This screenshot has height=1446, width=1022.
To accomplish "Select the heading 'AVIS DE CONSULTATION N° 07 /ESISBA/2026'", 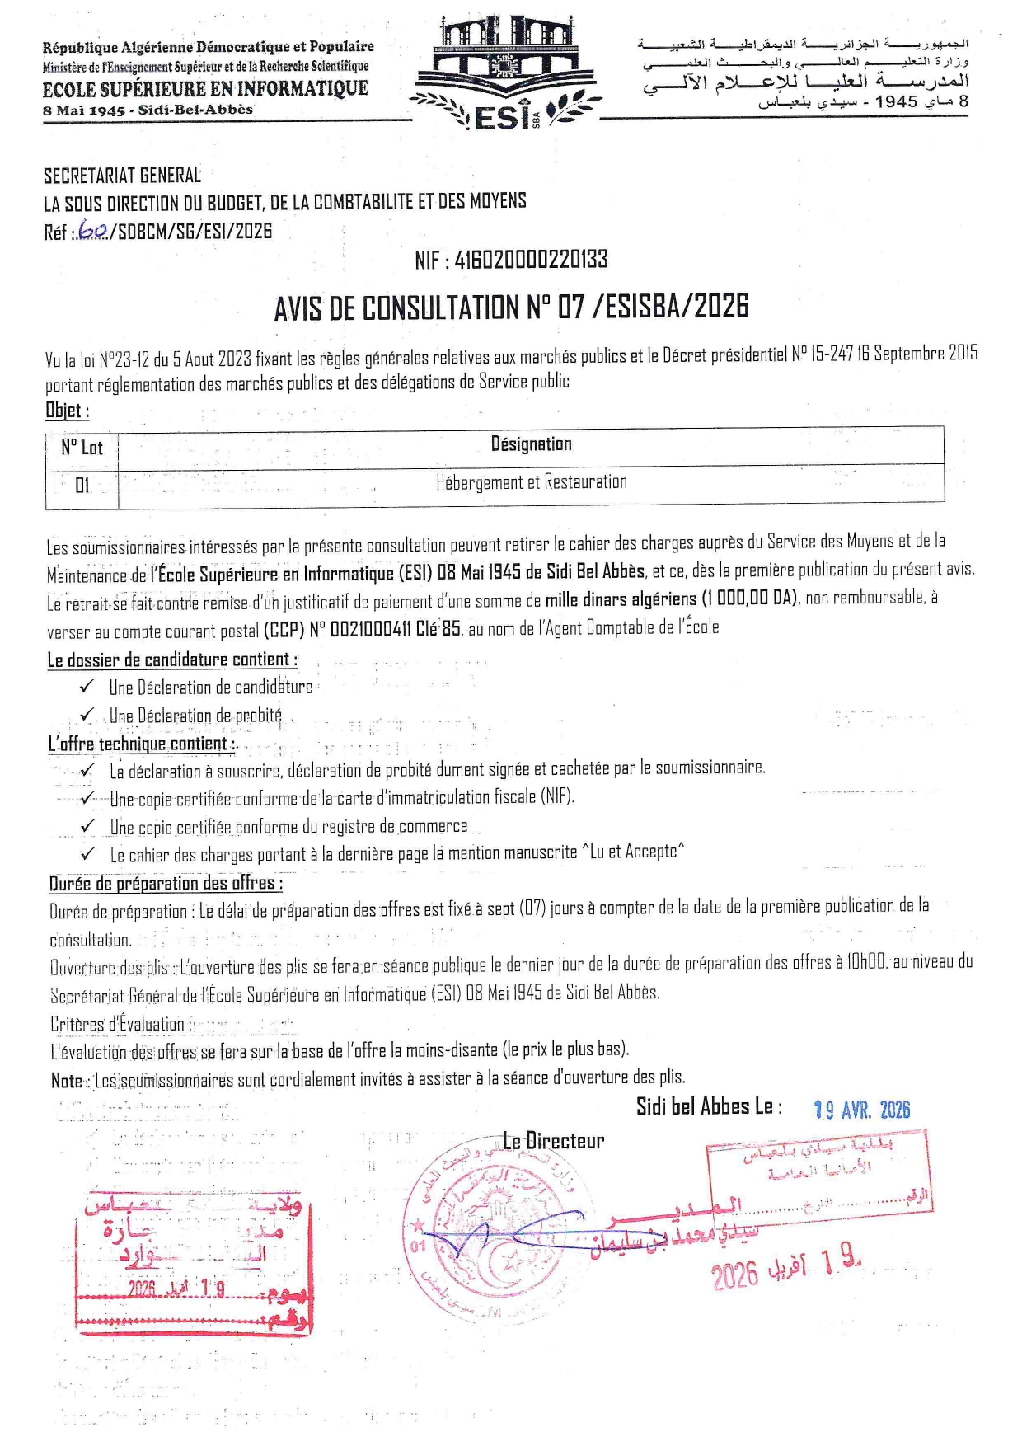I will click(x=511, y=308).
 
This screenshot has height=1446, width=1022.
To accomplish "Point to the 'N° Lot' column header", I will click(x=82, y=447).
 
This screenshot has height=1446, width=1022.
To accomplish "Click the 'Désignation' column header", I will click(x=531, y=444).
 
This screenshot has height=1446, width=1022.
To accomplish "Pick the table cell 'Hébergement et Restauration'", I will click(x=531, y=482).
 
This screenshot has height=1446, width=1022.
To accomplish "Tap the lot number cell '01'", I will click(x=82, y=485).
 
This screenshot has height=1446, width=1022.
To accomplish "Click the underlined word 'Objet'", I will click(x=65, y=410).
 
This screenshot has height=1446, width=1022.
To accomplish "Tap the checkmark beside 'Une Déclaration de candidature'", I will click(x=87, y=687).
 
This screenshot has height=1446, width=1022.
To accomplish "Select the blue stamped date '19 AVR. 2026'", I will click(x=862, y=1110).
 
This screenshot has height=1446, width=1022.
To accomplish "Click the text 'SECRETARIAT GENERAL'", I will click(x=122, y=176).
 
